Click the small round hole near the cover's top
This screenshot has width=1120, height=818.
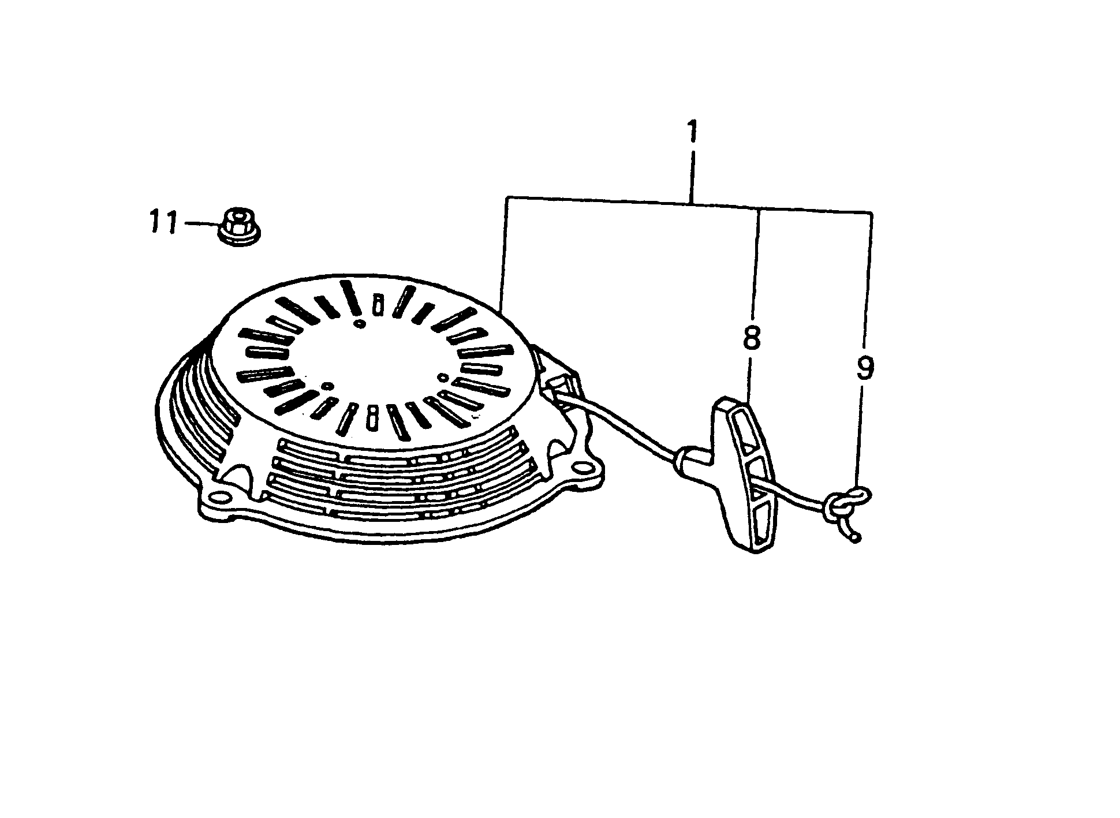click(360, 325)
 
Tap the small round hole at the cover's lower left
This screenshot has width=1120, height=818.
click(327, 385)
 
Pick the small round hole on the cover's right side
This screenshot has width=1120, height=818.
click(443, 378)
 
